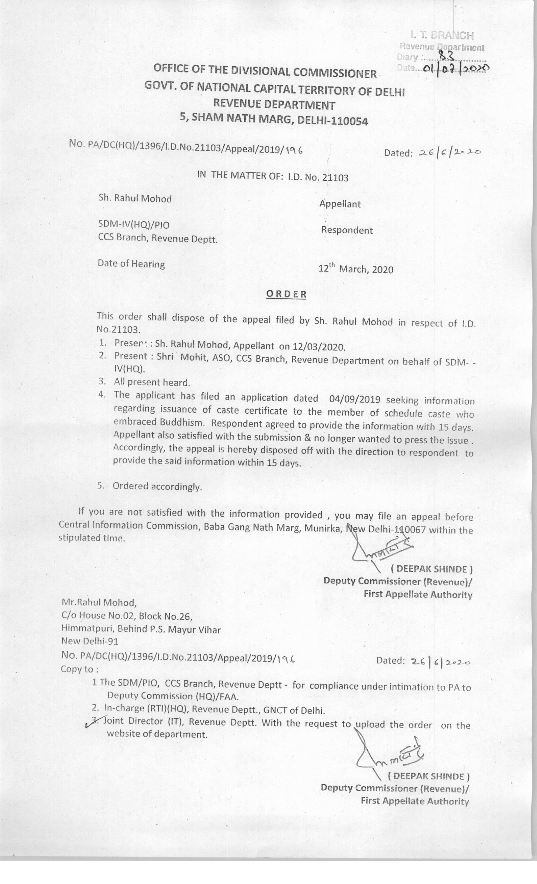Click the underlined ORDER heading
286,294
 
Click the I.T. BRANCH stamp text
442,35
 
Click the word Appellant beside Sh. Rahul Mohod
340,204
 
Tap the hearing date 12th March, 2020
356,269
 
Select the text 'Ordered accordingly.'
157,487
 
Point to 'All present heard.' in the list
152,382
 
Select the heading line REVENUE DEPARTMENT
274,105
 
